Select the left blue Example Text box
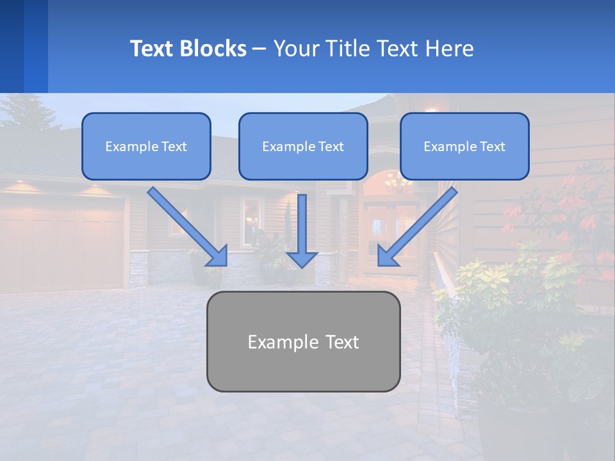(x=146, y=146)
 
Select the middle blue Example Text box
(x=303, y=146)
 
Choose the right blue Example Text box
(x=464, y=146)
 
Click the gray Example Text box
(x=303, y=341)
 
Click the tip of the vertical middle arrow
(x=302, y=266)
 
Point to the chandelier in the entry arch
(x=398, y=184)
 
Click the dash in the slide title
(x=259, y=49)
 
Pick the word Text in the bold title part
(x=152, y=49)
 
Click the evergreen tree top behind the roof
(x=26, y=112)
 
